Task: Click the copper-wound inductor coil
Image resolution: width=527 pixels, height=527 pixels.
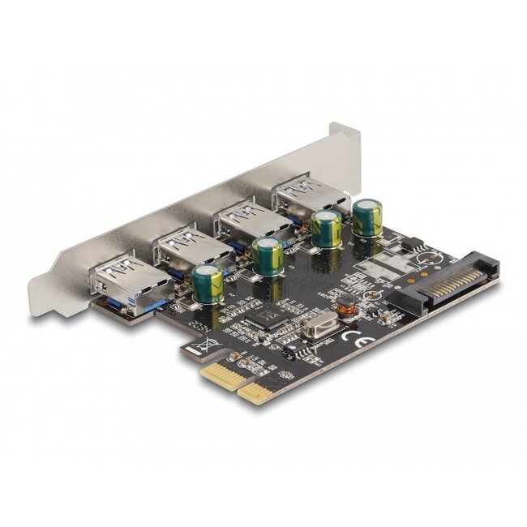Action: (x=348, y=306)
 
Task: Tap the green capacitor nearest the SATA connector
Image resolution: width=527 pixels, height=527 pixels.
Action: (x=367, y=218)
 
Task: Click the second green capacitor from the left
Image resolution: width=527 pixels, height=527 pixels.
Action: (x=267, y=255)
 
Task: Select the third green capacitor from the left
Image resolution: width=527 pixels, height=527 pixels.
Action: (x=327, y=229)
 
